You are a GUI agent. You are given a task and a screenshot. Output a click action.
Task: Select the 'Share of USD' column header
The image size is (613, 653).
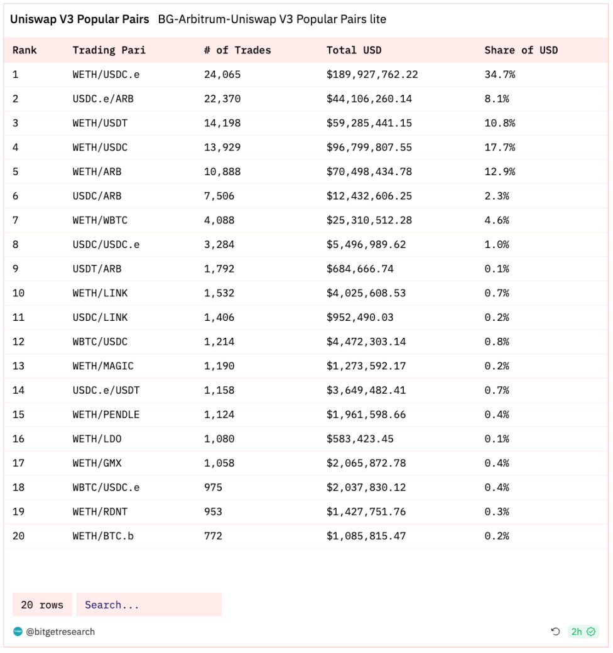click(521, 50)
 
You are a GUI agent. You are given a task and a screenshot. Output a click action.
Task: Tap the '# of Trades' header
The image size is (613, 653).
click(237, 50)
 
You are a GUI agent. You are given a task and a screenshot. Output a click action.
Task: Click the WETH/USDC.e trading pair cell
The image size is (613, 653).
click(106, 75)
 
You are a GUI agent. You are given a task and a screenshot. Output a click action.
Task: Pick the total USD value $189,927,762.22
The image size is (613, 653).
click(372, 75)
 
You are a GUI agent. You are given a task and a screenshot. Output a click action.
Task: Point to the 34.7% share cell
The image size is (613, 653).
click(499, 75)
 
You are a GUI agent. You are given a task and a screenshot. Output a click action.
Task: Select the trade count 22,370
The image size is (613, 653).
click(222, 99)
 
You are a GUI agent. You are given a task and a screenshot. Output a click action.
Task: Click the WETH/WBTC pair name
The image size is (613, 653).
click(100, 220)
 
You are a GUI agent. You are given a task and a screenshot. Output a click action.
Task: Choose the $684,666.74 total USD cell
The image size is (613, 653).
click(360, 269)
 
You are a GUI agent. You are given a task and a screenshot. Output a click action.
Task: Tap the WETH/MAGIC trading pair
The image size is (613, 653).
click(103, 366)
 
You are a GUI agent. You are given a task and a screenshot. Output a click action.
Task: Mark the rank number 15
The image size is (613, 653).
click(18, 414)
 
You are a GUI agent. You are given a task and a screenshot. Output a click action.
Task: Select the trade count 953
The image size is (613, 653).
click(213, 512)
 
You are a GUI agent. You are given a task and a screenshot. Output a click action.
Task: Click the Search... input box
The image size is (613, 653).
click(149, 605)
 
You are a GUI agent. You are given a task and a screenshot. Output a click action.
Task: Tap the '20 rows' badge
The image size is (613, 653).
click(42, 605)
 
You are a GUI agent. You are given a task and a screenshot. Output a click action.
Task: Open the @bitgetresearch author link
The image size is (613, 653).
click(60, 632)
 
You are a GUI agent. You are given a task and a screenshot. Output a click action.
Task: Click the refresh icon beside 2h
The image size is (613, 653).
click(555, 632)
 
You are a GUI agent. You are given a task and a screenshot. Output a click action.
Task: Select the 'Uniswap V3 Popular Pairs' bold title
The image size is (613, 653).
click(79, 19)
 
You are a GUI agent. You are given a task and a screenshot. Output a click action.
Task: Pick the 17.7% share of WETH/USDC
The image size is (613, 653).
click(499, 148)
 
